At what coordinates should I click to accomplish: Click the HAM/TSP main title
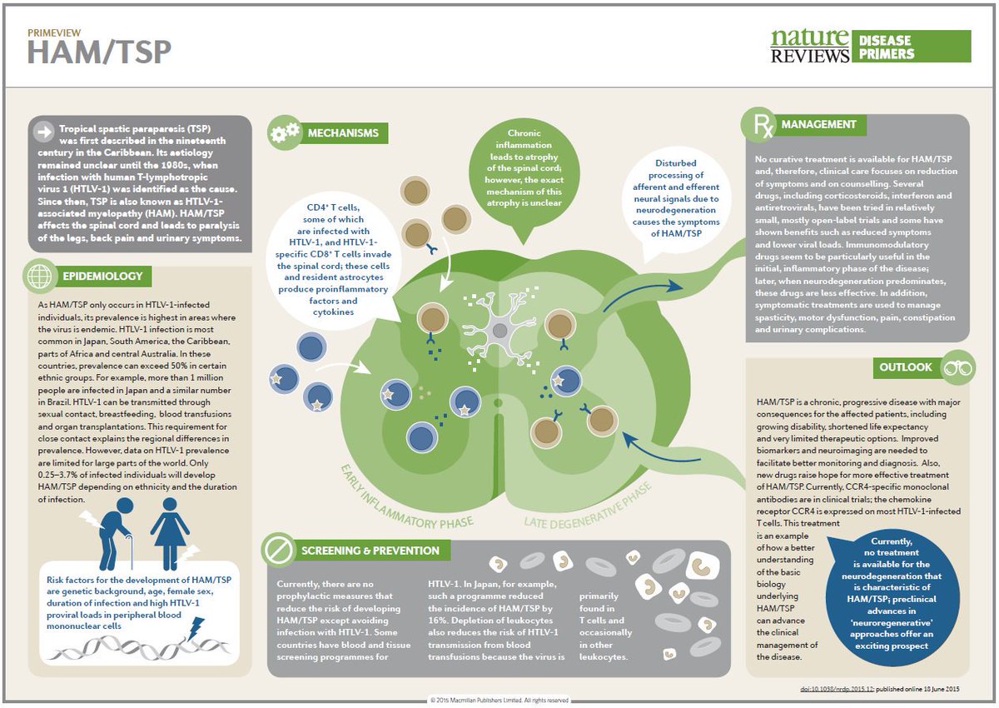99,52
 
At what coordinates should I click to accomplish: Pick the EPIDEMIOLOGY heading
102,277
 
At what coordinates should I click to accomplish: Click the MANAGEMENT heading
818,125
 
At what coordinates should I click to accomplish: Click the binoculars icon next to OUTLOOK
954,367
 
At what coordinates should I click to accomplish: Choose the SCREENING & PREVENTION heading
370,551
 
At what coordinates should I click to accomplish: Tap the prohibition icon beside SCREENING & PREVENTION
276,551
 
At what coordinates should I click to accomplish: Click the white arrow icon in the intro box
42,131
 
